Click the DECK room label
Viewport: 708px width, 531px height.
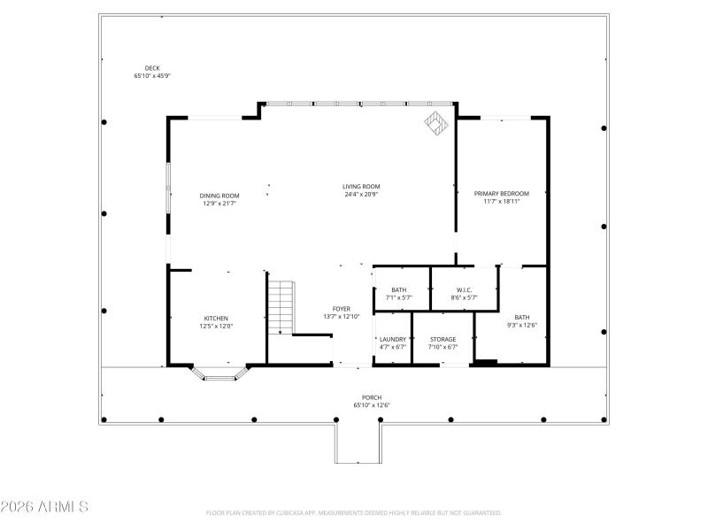coord(151,68)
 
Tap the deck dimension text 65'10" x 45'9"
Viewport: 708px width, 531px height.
coord(151,76)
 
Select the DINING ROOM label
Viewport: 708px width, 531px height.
coord(219,195)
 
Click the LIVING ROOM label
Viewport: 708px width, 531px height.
coord(361,186)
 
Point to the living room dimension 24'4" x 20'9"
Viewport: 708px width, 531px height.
coord(361,194)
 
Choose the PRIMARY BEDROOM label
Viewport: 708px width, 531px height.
coord(501,193)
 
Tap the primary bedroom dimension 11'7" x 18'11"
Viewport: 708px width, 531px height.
coord(501,201)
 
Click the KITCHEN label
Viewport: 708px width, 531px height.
coord(217,319)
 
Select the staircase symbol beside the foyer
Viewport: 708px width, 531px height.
coord(281,306)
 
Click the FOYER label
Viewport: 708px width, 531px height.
coord(342,309)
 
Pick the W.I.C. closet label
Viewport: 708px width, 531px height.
coord(464,289)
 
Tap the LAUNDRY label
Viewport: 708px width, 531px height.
coord(392,339)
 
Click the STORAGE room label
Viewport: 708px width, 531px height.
coord(442,339)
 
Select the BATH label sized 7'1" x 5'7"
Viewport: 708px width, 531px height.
coord(399,289)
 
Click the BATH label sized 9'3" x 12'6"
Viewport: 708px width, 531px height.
coord(522,317)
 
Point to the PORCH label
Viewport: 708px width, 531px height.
coord(372,397)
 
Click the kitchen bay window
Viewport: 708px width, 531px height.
coord(219,375)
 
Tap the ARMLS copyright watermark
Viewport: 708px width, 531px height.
coord(44,507)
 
